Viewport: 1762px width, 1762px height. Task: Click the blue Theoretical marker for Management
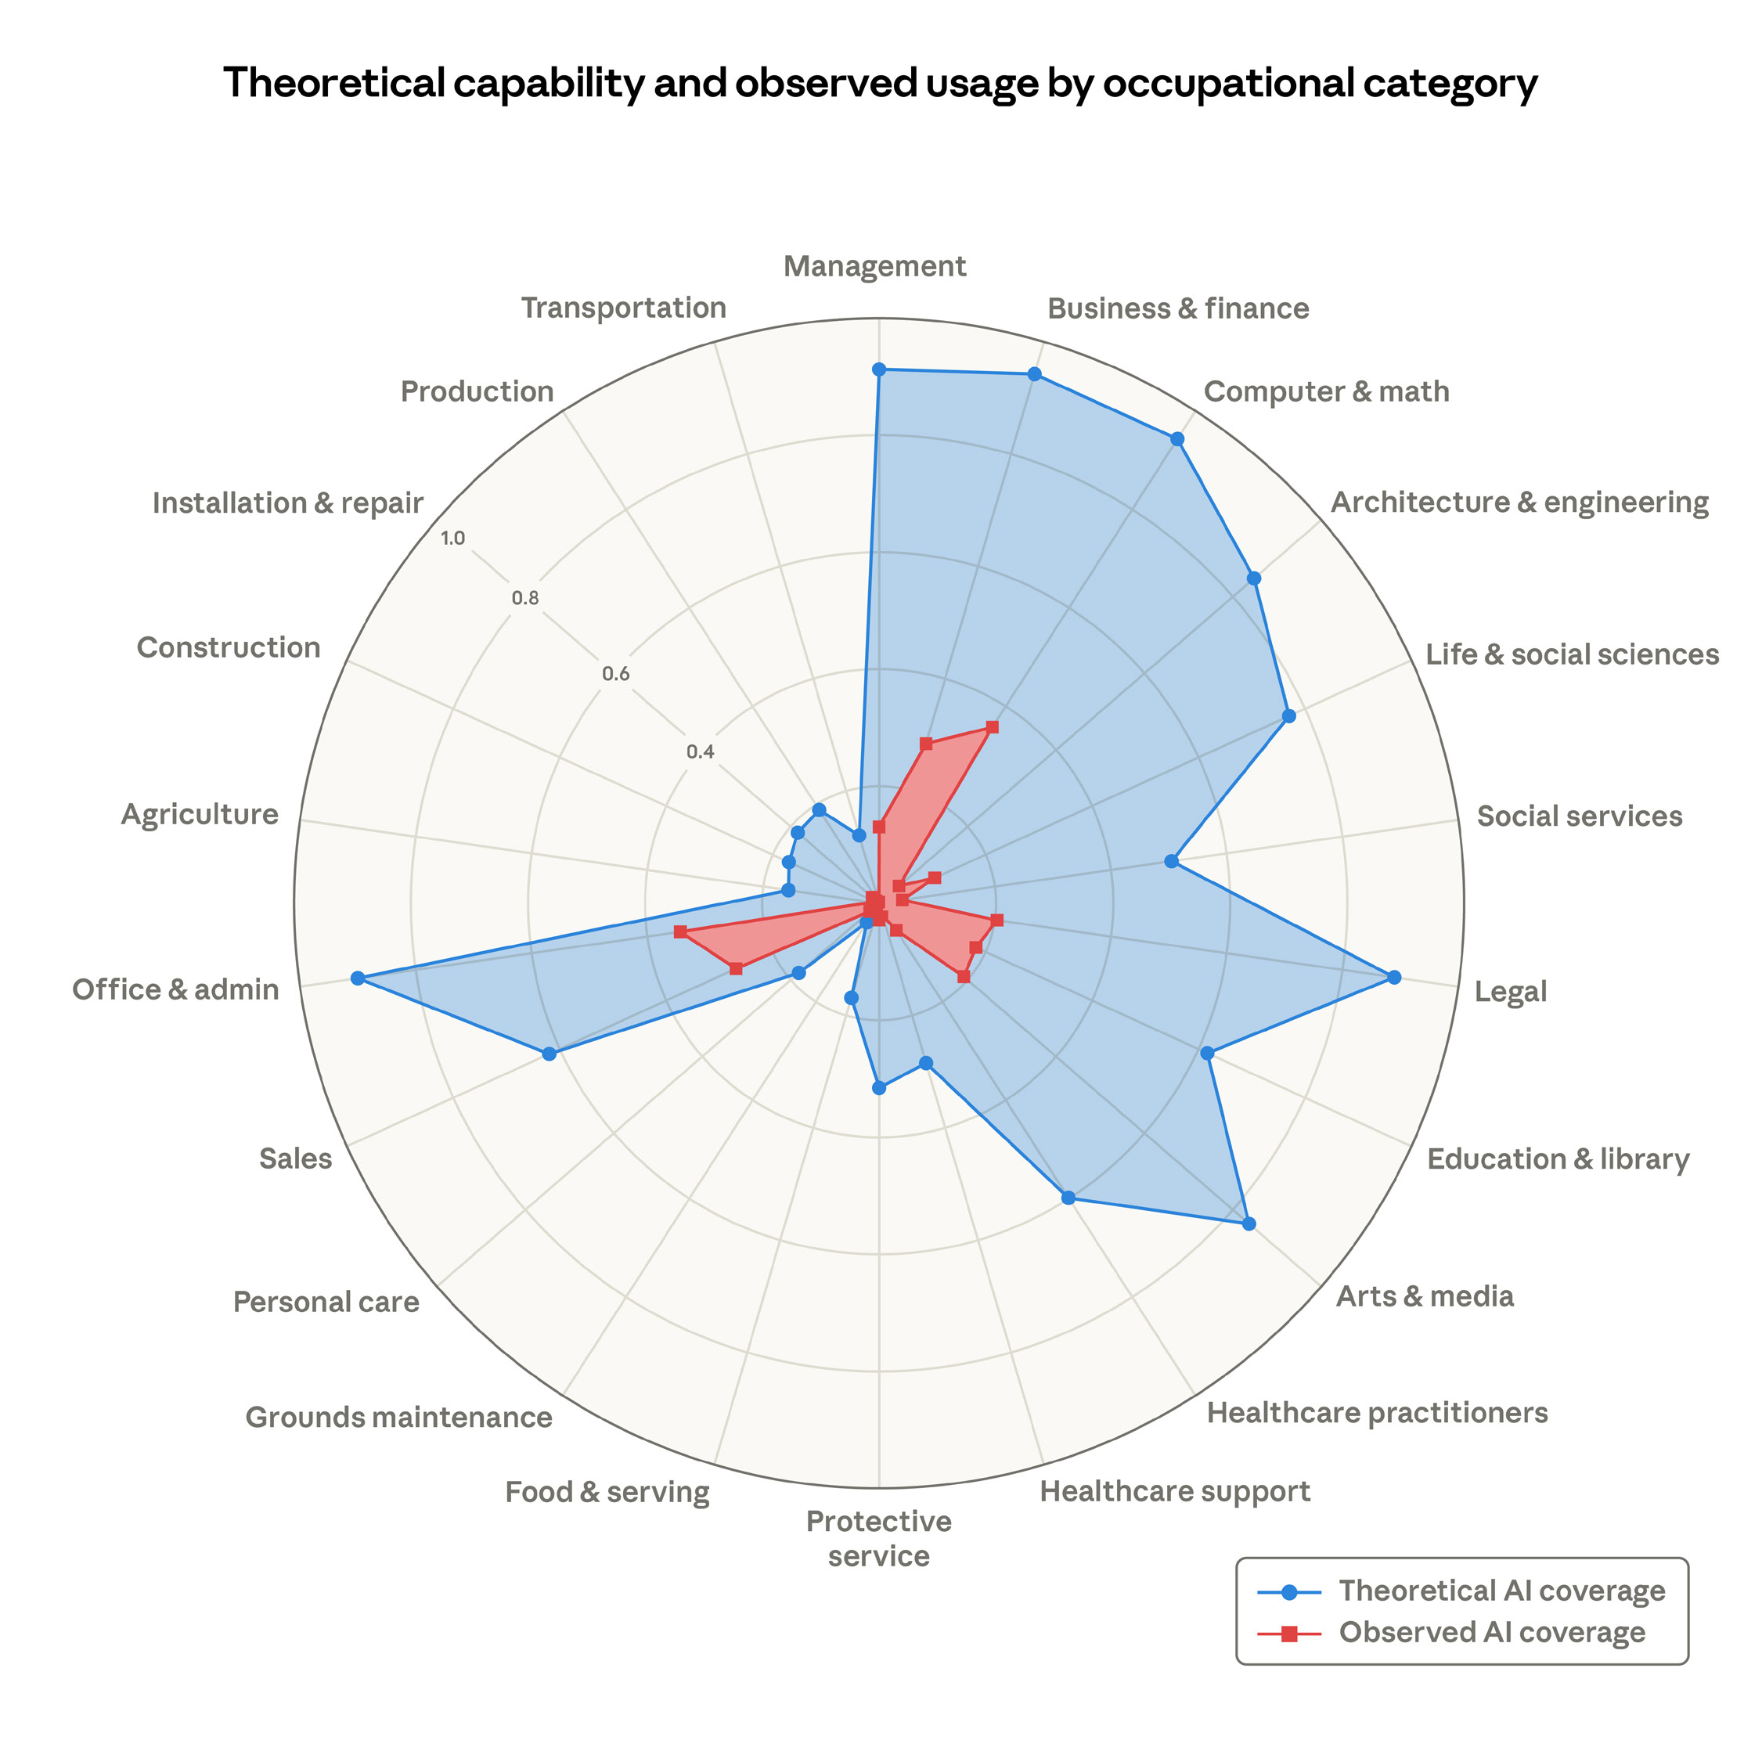tap(878, 369)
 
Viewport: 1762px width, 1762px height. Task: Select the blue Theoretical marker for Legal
tap(1393, 978)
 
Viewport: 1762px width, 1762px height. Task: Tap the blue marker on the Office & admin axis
tap(358, 978)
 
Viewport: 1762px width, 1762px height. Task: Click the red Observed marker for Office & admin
tap(679, 931)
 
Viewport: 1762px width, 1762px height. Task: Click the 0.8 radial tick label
tap(524, 599)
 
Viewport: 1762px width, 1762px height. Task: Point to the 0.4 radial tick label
tap(701, 752)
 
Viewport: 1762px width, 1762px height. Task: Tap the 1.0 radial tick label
tap(452, 538)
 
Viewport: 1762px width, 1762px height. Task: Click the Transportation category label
tap(624, 308)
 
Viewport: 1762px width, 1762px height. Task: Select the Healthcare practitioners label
tap(1376, 1413)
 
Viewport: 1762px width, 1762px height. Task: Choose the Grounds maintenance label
tap(398, 1418)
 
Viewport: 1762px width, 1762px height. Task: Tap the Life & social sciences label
tap(1571, 654)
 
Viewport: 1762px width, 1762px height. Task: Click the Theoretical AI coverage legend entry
tap(1501, 1590)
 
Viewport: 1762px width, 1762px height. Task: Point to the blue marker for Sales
tap(549, 1054)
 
